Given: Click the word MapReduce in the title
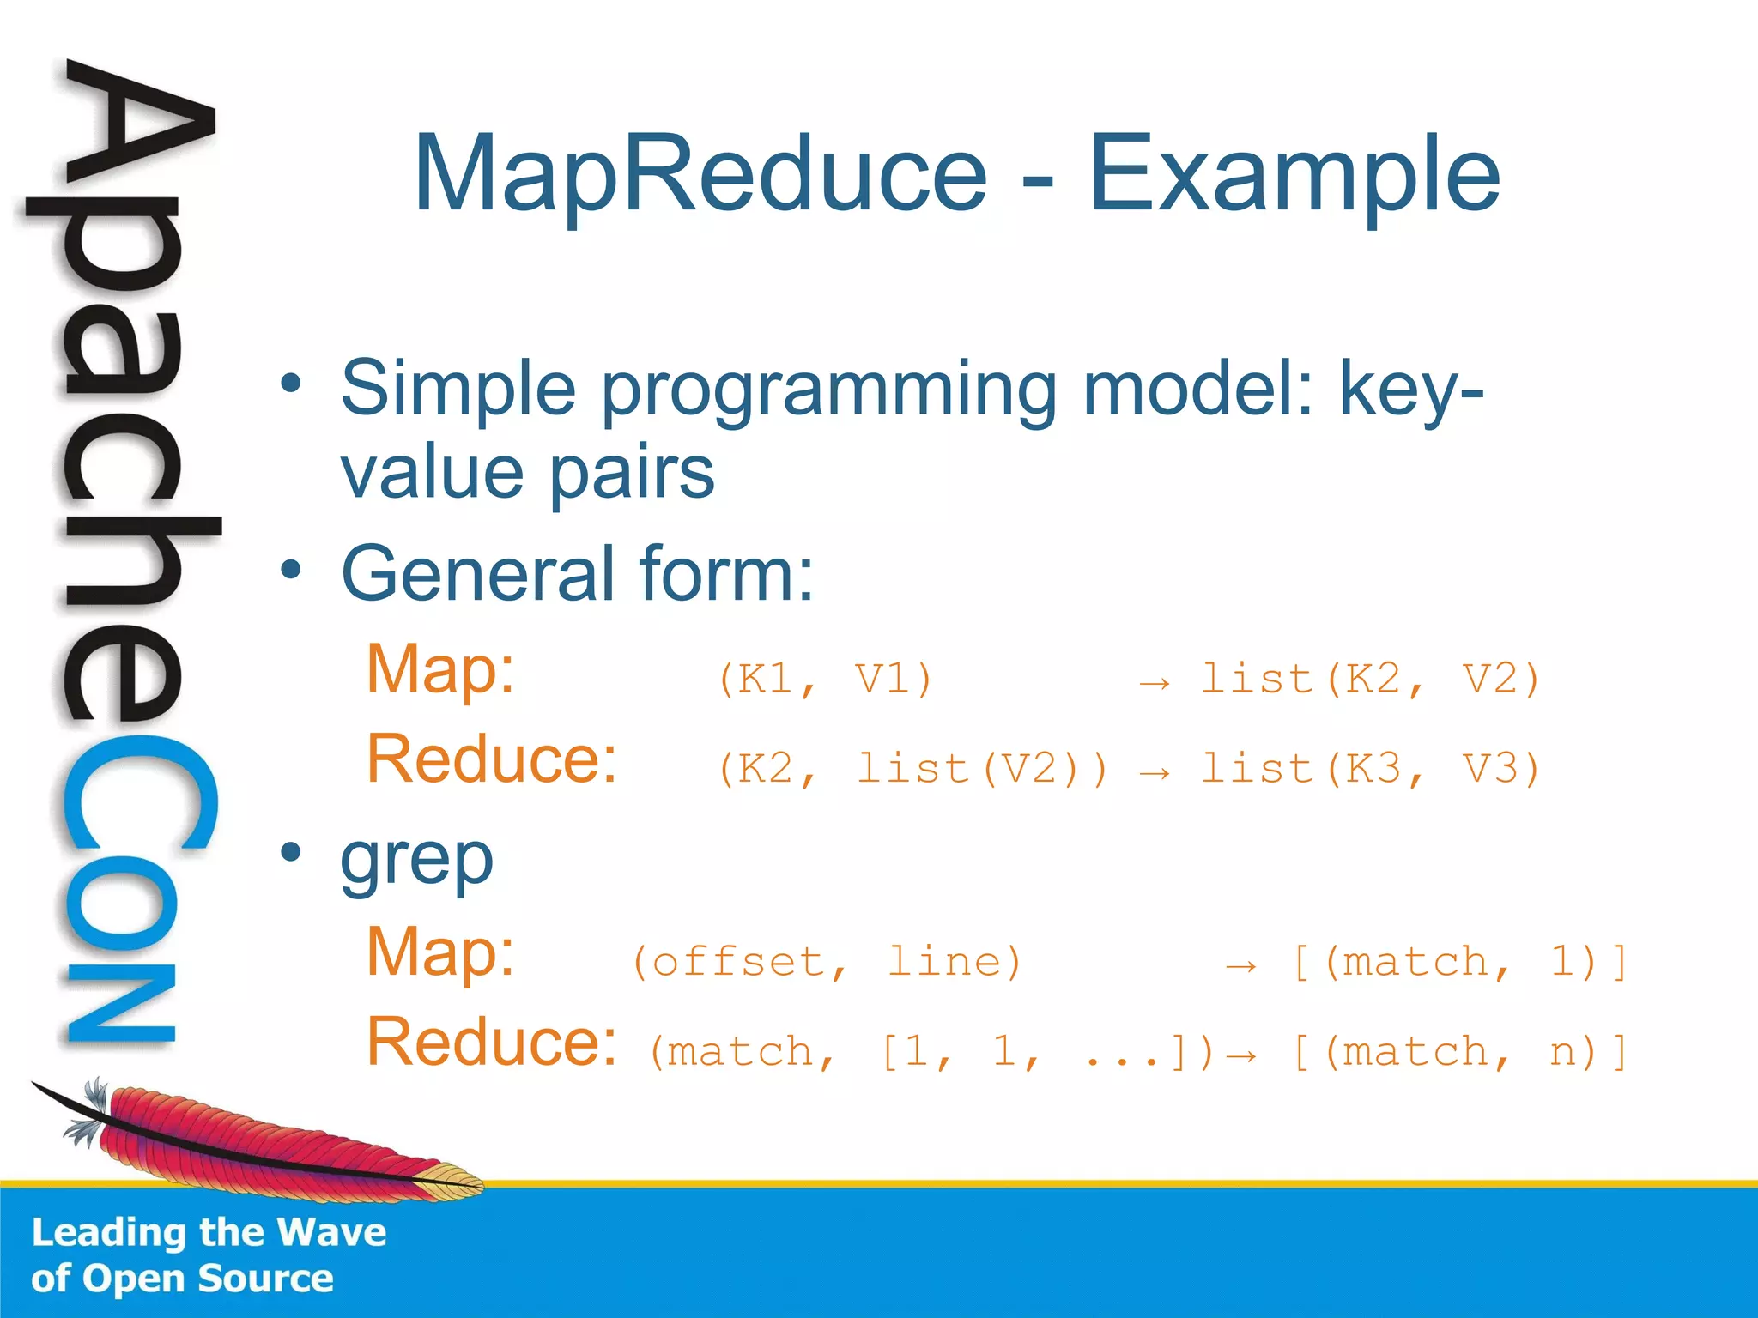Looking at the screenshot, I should point(700,174).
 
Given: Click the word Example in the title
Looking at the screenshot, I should point(1294,174).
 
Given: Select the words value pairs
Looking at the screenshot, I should point(527,473).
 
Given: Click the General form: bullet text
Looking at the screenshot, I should point(577,573).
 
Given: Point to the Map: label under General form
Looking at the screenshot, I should point(440,670).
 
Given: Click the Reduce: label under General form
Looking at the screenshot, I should point(491,759).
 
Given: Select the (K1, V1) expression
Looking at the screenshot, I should point(825,680).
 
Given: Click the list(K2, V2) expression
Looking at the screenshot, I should point(1370,680).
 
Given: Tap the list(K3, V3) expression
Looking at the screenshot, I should point(1370,769).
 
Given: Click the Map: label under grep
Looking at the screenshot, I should point(440,952).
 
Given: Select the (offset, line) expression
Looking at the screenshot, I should point(827,962).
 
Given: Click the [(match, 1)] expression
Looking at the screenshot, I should point(1459,962).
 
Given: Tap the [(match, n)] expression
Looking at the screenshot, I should point(1459,1052).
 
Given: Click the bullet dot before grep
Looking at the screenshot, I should point(291,852).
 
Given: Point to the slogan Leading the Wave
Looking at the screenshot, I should point(209,1232).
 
